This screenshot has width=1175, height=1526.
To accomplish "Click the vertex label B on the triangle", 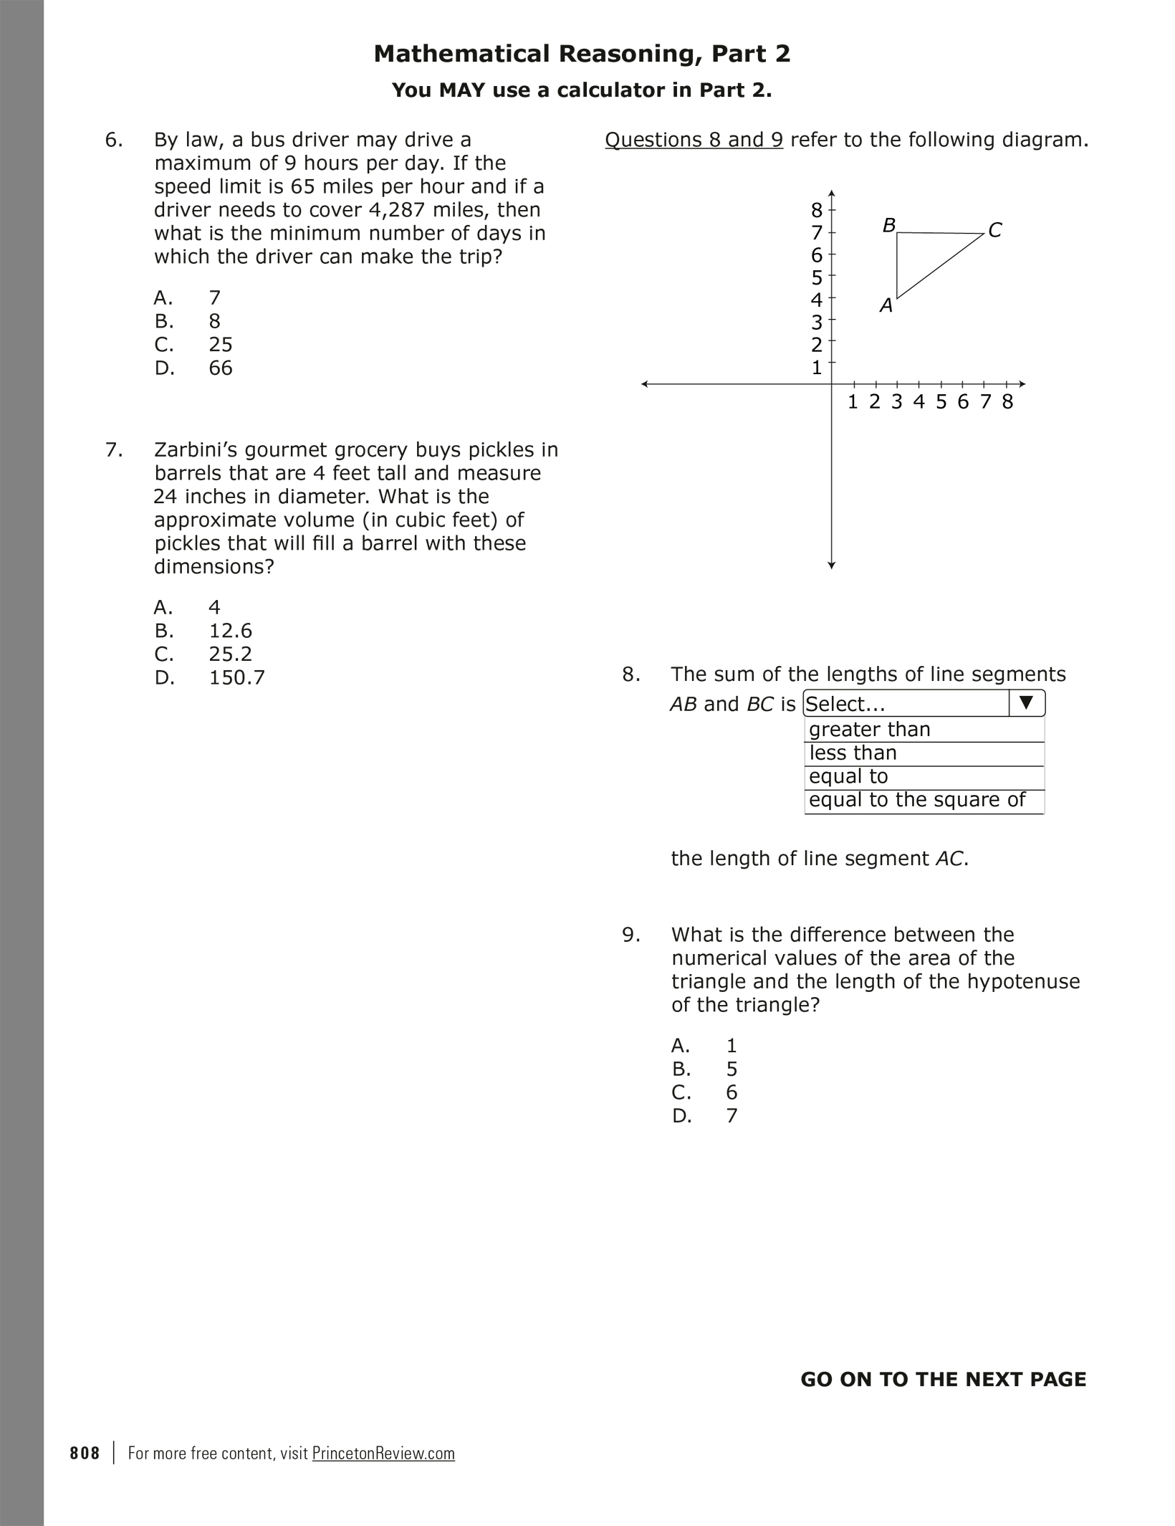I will tap(889, 226).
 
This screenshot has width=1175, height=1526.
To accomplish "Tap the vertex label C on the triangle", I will tap(994, 230).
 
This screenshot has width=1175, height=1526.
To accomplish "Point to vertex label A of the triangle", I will tap(886, 306).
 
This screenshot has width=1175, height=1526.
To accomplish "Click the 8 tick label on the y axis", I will tap(817, 210).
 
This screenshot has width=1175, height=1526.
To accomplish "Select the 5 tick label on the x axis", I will tap(941, 402).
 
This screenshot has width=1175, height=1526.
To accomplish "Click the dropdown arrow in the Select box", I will tap(1026, 703).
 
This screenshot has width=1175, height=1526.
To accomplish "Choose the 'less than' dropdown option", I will tap(853, 753).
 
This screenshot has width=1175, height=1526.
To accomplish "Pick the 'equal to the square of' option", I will tap(917, 800).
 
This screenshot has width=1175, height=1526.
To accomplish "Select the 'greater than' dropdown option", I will tap(869, 730).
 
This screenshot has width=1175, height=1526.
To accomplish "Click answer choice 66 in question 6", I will tap(221, 368).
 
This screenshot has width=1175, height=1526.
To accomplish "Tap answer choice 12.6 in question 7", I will tap(230, 631).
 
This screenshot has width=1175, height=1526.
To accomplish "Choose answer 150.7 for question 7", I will tap(236, 678).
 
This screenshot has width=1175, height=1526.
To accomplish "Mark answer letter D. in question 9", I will tap(681, 1116).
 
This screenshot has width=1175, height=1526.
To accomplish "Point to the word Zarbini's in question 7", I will tap(196, 450).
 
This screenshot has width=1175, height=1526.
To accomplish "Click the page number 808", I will tap(85, 1453).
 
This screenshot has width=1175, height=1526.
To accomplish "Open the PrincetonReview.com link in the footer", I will tap(383, 1453).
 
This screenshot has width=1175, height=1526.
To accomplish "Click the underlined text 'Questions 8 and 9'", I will tap(694, 140).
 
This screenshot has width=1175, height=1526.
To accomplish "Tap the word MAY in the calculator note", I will tap(462, 90).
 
